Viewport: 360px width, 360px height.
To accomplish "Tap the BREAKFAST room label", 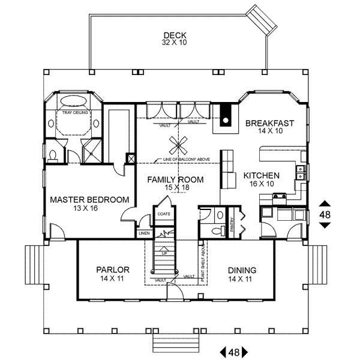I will click(269, 124).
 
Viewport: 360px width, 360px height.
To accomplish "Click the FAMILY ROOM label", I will click(175, 179).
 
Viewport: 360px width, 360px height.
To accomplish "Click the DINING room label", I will click(242, 269).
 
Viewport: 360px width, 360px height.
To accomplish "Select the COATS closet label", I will click(163, 214).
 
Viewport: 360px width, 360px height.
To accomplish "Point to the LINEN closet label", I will click(143, 233).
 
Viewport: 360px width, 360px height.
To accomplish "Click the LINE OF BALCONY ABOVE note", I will click(182, 160).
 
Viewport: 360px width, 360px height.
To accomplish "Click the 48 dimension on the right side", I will click(325, 214).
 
